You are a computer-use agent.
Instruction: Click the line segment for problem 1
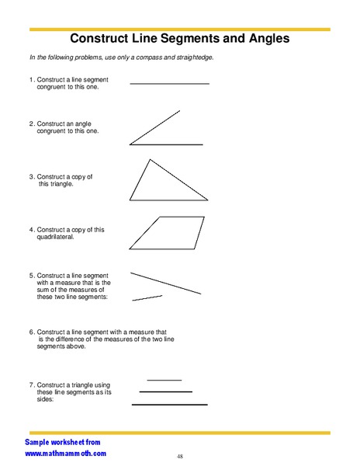(170, 83)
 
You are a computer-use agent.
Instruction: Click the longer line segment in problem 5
(165, 283)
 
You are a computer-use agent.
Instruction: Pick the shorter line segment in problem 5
(147, 297)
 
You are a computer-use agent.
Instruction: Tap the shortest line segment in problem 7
(164, 380)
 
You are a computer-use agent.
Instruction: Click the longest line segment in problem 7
(170, 405)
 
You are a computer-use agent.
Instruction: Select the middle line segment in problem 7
(165, 392)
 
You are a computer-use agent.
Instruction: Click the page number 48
(179, 456)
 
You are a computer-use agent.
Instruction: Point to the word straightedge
(192, 58)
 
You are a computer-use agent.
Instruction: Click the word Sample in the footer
(39, 440)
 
